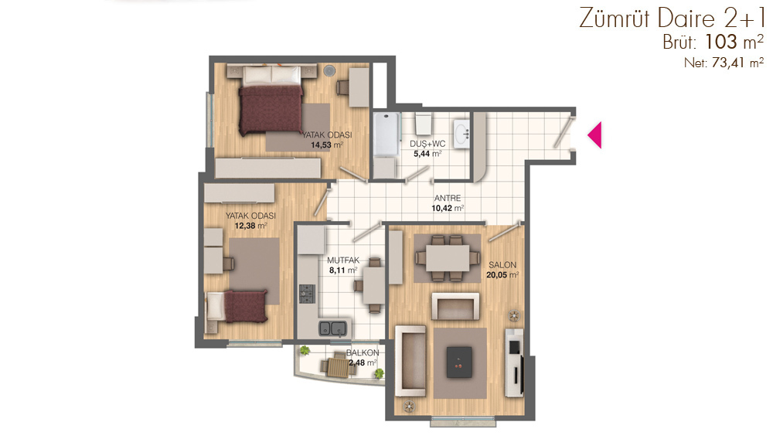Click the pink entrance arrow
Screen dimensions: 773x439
tap(596, 134)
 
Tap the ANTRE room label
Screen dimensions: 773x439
tap(447, 198)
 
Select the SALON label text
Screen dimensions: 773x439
tap(502, 265)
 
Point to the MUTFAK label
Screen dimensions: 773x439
tap(343, 260)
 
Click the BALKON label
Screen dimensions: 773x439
tap(363, 352)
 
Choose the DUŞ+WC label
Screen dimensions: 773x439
tap(427, 144)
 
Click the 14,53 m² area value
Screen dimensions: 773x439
tap(327, 145)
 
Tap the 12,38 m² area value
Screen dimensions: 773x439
tap(250, 226)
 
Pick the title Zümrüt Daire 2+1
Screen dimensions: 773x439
tap(672, 19)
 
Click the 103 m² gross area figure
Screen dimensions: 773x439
tap(734, 43)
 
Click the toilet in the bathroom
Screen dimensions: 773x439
tap(424, 124)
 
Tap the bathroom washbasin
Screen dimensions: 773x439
tap(462, 132)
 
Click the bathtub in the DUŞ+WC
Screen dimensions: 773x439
tap(386, 134)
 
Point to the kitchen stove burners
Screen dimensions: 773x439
tap(307, 294)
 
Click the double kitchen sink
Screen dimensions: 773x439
tap(332, 328)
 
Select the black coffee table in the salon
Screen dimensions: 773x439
tap(459, 362)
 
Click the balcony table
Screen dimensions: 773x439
tap(339, 367)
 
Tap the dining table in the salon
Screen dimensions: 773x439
tap(448, 257)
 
